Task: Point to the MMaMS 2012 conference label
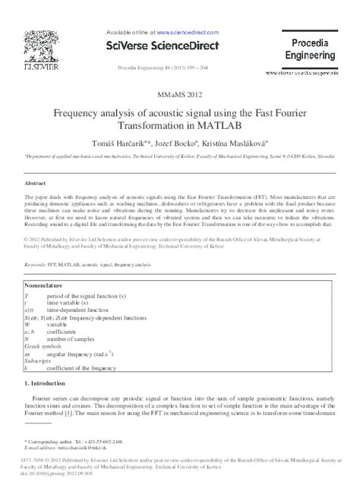click(180, 95)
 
